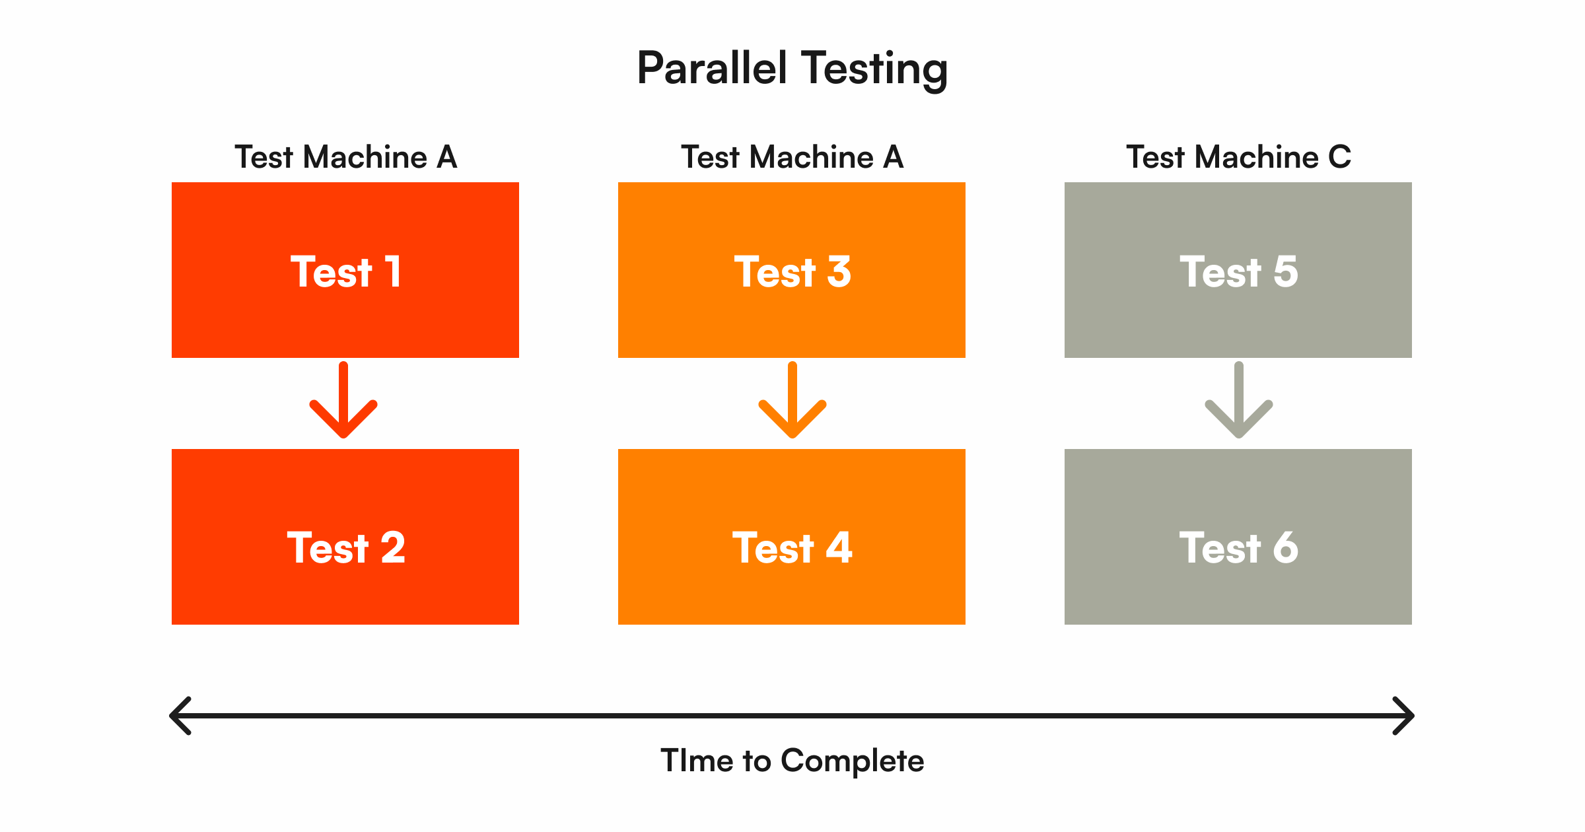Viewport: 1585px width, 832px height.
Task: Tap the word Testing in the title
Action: (x=875, y=71)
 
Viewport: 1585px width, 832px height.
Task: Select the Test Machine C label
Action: (x=1238, y=157)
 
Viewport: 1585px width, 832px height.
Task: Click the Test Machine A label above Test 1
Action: (x=345, y=157)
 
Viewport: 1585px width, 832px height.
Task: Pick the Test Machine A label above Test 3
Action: (x=792, y=157)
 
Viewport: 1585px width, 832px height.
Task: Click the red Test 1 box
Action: (x=345, y=270)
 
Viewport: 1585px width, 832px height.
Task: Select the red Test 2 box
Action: (x=345, y=537)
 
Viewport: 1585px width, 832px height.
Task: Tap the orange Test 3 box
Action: (x=792, y=270)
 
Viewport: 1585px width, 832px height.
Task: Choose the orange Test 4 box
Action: (x=792, y=537)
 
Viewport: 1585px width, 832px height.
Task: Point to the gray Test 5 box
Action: (x=1238, y=270)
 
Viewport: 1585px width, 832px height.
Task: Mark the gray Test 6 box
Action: (x=1238, y=537)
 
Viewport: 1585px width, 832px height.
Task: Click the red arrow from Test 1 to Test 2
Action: (x=343, y=399)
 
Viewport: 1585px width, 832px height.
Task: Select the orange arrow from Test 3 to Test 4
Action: (x=792, y=399)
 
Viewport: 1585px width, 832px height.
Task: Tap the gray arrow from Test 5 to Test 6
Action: (x=1239, y=399)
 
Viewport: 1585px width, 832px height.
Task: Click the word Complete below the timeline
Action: (x=852, y=761)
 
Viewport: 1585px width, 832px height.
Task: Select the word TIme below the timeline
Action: (x=697, y=761)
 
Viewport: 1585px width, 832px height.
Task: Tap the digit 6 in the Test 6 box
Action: (x=1285, y=547)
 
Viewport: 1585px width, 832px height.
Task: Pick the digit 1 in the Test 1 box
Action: (x=393, y=271)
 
